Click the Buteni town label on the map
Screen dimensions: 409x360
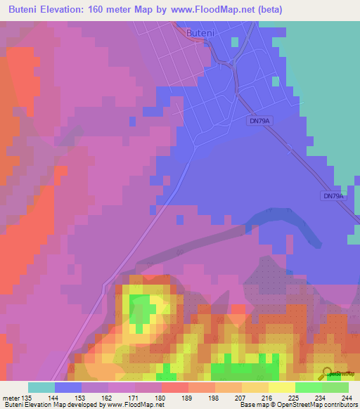[x=199, y=32]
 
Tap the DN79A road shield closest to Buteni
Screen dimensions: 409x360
[x=259, y=121]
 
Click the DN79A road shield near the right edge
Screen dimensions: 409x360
[x=333, y=196]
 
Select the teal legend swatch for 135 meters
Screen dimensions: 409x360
[x=41, y=387]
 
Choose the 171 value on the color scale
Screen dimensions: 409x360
[x=141, y=397]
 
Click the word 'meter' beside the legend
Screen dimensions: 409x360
[x=12, y=397]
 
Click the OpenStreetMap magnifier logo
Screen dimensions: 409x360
[x=328, y=373]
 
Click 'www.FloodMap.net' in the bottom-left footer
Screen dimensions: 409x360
[x=134, y=405]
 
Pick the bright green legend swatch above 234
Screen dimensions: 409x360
[x=309, y=387]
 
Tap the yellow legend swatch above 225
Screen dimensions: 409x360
[x=282, y=387]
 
